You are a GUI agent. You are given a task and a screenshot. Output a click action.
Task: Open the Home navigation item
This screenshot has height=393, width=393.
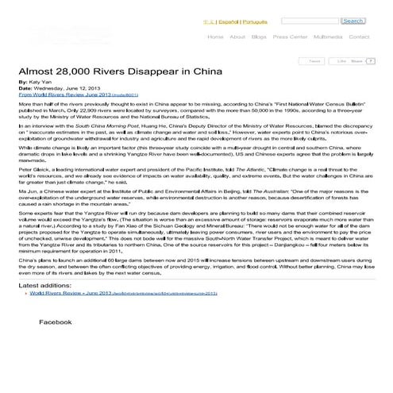[214, 37]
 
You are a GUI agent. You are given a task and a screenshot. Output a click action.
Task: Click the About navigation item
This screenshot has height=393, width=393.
[237, 37]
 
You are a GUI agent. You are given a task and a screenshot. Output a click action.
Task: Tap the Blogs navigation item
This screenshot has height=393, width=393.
[259, 37]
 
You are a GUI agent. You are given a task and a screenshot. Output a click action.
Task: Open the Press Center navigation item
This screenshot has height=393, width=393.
[290, 37]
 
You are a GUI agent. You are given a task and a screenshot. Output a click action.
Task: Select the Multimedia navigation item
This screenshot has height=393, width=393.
[329, 37]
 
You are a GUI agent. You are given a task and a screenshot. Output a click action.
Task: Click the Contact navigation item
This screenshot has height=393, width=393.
[359, 37]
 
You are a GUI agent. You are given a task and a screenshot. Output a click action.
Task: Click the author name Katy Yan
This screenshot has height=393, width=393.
[40, 83]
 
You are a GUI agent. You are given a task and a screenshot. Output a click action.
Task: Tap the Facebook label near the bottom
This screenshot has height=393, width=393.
[56, 323]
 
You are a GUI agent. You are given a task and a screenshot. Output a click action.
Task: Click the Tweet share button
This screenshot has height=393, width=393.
[314, 60]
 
